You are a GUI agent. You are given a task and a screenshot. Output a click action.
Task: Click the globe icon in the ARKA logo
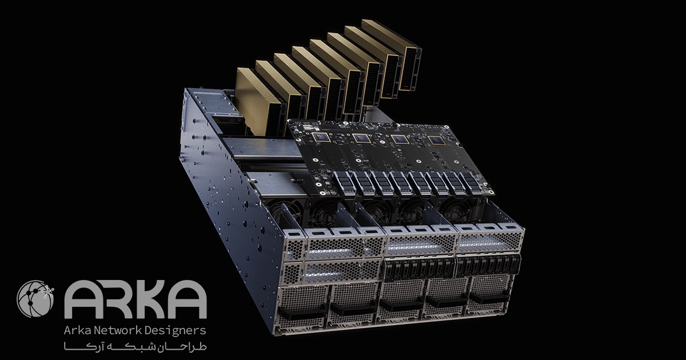[x=35, y=299]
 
